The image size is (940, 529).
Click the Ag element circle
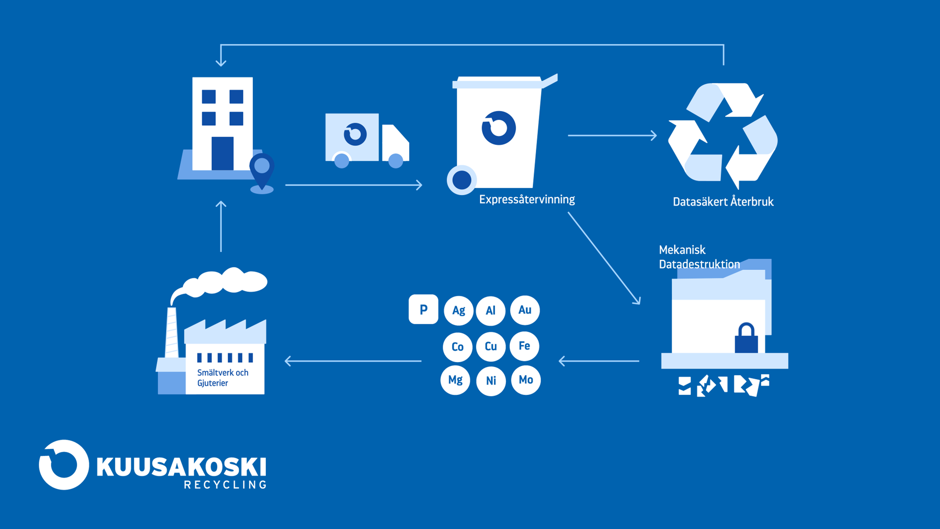click(x=458, y=310)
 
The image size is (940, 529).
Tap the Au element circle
click(x=525, y=310)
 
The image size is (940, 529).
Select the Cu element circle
click(x=491, y=346)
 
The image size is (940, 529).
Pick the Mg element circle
click(x=455, y=380)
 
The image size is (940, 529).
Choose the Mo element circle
click(x=526, y=380)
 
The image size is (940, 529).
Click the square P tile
click(x=423, y=309)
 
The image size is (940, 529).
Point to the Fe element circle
click(x=525, y=346)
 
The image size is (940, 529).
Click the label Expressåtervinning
click(x=527, y=199)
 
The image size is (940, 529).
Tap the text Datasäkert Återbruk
click(x=723, y=202)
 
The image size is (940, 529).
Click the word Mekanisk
click(x=682, y=250)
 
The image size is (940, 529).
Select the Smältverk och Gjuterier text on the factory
click(x=223, y=378)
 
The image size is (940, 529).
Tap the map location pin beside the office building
click(x=262, y=171)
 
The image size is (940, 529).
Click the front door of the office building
click(x=222, y=153)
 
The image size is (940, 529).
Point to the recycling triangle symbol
click(x=723, y=136)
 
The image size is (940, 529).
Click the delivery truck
click(x=367, y=140)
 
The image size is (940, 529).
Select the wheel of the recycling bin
click(x=462, y=180)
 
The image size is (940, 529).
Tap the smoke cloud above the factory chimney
click(x=219, y=284)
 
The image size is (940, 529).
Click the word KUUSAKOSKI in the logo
click(x=181, y=467)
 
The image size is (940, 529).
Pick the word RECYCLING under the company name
click(x=225, y=485)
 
